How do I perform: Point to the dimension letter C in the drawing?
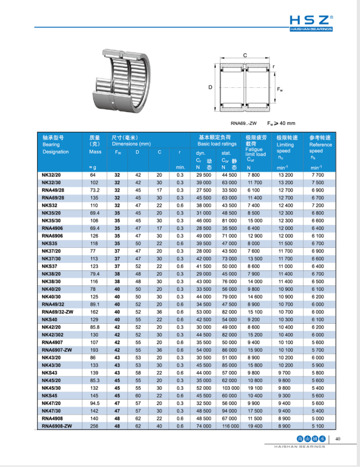point(245,55)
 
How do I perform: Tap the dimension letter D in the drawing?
point(211,87)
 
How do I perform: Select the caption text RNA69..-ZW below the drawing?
point(240,123)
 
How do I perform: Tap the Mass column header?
point(95,152)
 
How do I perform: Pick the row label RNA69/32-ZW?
point(58,311)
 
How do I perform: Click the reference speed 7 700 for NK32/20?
point(317,176)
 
